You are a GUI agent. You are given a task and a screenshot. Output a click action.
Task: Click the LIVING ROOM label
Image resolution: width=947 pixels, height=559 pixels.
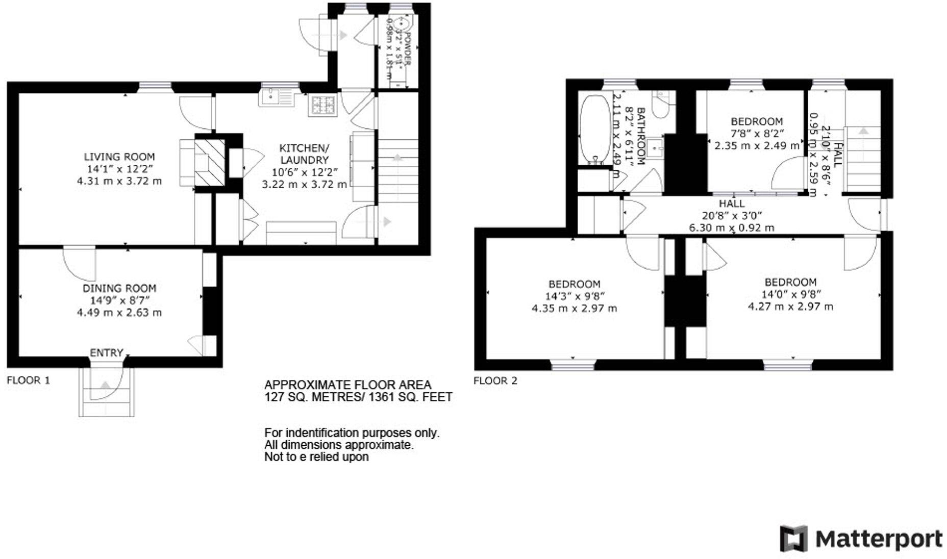pos(119,157)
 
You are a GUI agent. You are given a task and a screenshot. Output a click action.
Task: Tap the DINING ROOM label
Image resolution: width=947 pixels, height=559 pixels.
pos(119,288)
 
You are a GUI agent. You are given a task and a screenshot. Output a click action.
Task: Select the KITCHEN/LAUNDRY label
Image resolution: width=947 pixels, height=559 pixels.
pos(304,154)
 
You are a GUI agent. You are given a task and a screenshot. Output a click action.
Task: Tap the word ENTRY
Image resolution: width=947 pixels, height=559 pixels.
pos(107,352)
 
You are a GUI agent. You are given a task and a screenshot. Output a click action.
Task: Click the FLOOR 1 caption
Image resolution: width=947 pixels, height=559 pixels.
pos(29,380)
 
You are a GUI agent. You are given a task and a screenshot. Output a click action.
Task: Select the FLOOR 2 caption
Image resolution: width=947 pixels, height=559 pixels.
pos(495,380)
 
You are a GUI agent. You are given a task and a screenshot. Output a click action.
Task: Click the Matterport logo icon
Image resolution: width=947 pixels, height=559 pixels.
pos(793,538)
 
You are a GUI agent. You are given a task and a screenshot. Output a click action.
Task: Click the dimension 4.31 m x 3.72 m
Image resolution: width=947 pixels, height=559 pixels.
pos(119,181)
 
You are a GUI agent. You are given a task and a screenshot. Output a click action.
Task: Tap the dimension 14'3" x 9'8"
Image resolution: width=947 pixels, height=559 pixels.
pos(574,296)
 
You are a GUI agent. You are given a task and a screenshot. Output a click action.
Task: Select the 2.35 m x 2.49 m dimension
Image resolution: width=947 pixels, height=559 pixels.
pos(757,145)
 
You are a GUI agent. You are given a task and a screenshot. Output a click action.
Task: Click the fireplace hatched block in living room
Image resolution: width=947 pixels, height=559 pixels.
pos(210,162)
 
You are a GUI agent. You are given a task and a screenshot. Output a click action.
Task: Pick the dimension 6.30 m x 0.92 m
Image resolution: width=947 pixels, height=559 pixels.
pos(732,227)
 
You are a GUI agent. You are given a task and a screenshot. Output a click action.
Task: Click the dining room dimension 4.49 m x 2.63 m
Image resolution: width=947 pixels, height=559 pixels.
pos(119,312)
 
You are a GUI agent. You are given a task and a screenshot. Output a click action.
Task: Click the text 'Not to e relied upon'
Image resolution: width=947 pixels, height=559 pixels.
pos(316,457)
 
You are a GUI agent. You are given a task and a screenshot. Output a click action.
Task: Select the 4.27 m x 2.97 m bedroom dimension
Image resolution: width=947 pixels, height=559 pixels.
pos(790,307)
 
